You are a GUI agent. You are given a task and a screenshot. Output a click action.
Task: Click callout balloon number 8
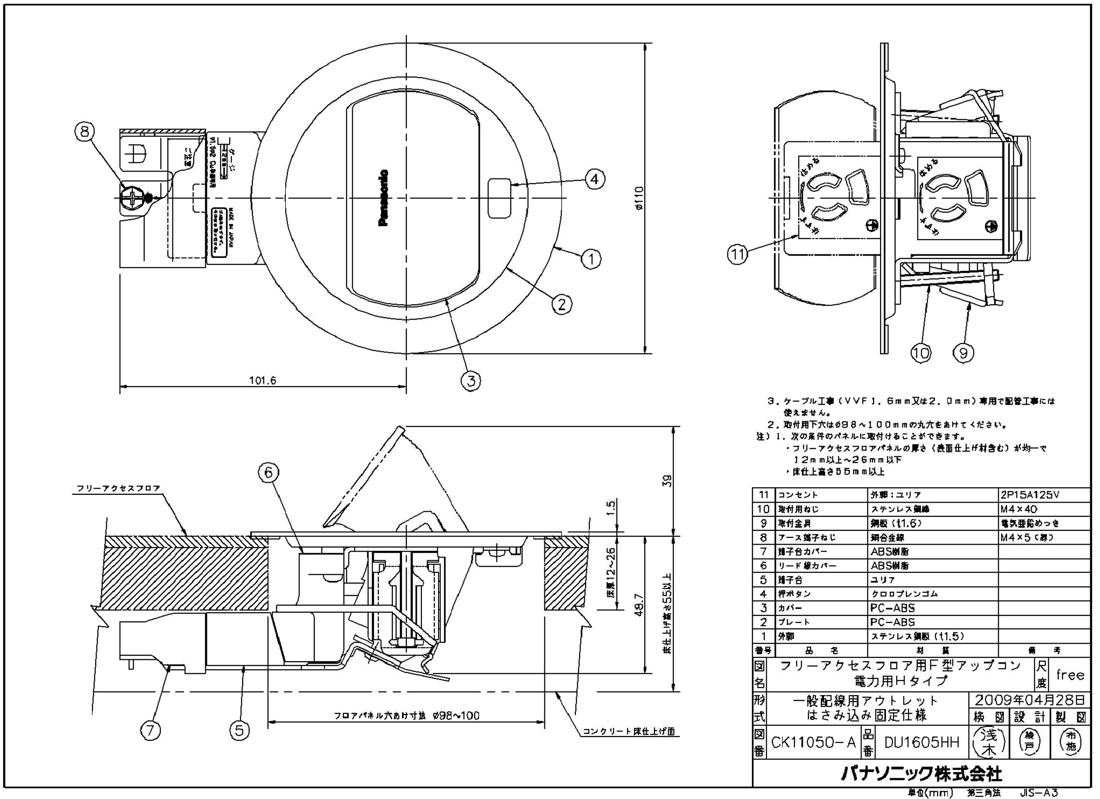(x=85, y=131)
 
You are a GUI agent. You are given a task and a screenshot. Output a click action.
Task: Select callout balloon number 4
(x=595, y=179)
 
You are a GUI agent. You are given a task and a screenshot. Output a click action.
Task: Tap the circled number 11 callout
(x=738, y=255)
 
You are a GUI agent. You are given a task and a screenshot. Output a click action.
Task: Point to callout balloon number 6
(x=269, y=472)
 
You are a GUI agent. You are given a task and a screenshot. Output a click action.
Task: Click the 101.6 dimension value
(x=263, y=381)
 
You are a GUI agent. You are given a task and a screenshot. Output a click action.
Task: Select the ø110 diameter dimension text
(x=639, y=198)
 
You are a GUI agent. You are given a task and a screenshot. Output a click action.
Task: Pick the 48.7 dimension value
(x=639, y=605)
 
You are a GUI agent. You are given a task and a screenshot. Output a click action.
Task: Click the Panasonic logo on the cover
(x=383, y=198)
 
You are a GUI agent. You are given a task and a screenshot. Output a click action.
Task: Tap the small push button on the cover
(x=499, y=198)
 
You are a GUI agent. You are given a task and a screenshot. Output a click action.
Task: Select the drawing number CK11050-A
(x=813, y=742)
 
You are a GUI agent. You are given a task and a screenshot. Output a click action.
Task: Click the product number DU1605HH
(x=922, y=742)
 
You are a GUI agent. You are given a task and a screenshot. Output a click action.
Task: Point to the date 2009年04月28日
(x=1030, y=700)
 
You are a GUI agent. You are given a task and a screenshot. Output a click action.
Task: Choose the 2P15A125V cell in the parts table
(x=1030, y=495)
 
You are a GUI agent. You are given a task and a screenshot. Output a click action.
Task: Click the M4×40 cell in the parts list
(x=1019, y=509)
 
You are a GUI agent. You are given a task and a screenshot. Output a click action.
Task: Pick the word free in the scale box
(x=1070, y=675)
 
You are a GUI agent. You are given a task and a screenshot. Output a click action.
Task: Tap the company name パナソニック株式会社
(x=921, y=774)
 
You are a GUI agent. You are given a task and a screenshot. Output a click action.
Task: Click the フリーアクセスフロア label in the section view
(x=118, y=488)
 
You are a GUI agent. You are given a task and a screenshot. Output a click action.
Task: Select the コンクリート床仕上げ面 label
(x=628, y=731)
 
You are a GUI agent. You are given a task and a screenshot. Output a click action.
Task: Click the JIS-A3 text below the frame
(x=1039, y=793)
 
